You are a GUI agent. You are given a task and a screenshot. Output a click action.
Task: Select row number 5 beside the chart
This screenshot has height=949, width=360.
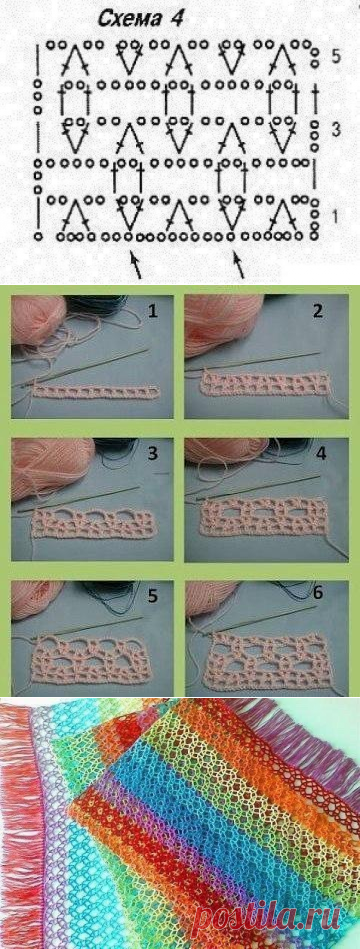[x=337, y=56]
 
